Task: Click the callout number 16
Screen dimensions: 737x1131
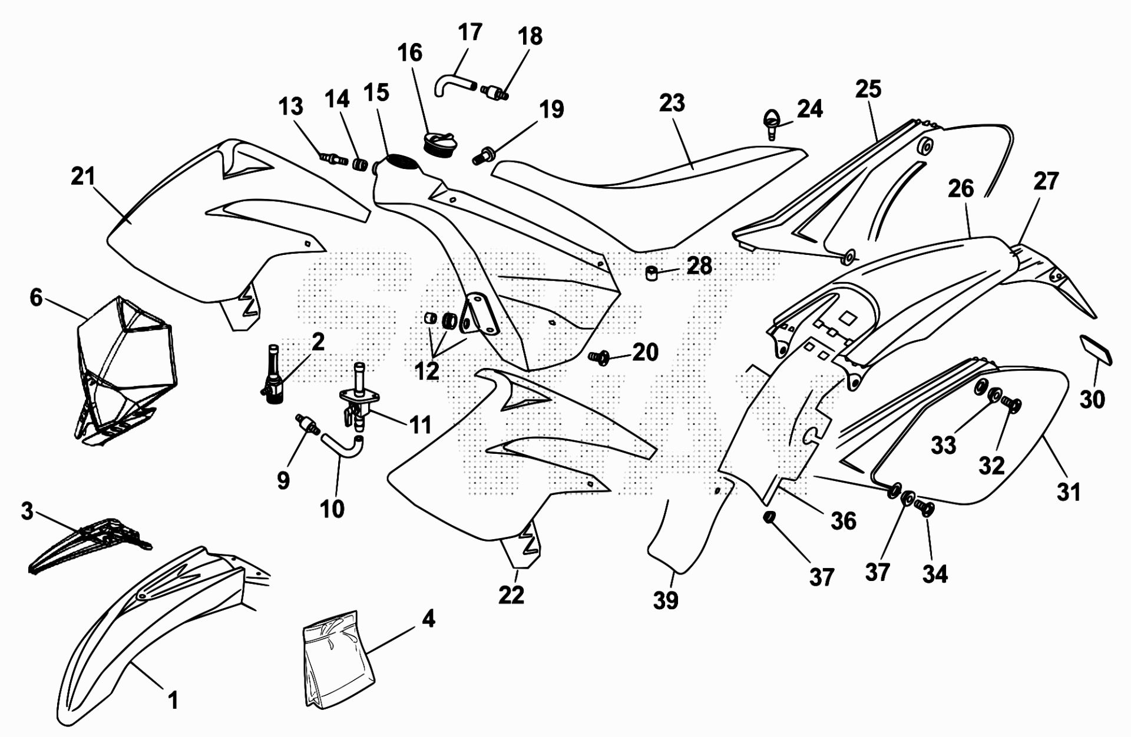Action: point(410,53)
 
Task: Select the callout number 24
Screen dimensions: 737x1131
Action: point(810,108)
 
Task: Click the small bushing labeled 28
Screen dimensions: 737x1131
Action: point(652,273)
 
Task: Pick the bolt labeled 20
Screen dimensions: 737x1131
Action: point(600,357)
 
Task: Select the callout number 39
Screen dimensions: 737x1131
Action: point(666,600)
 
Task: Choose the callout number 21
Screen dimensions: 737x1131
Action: point(82,176)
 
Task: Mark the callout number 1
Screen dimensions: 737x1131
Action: point(173,700)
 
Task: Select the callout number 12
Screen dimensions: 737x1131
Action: point(426,371)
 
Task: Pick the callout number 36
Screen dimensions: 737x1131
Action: point(843,520)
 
